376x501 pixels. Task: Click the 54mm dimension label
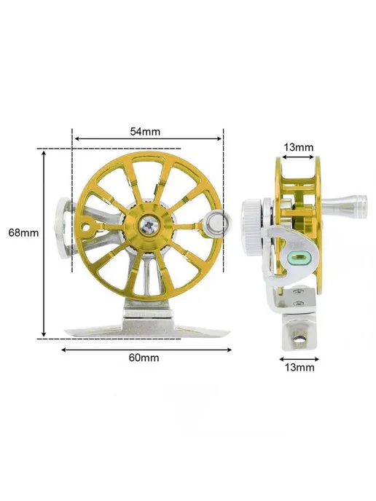click(145, 131)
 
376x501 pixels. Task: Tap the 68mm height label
click(23, 232)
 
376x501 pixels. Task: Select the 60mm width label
click(144, 358)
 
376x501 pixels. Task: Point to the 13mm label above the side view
click(299, 147)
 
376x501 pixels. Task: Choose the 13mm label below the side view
click(299, 368)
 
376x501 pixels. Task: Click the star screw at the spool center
click(149, 226)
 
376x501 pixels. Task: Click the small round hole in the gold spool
click(86, 227)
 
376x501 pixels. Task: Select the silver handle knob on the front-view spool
click(217, 220)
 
